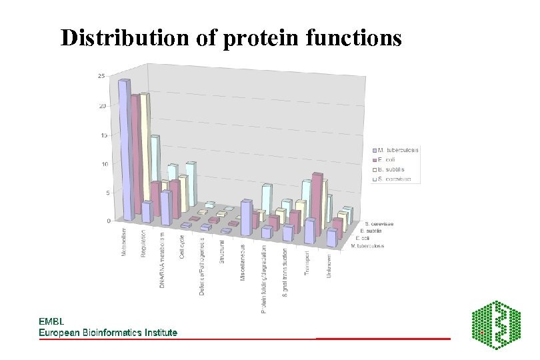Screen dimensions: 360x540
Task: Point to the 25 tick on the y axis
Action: pyautogui.click(x=101, y=76)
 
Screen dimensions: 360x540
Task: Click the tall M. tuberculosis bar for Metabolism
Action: pyautogui.click(x=125, y=150)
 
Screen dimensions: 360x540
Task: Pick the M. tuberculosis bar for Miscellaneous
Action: pyautogui.click(x=246, y=218)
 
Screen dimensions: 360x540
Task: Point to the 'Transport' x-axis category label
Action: pyautogui.click(x=307, y=261)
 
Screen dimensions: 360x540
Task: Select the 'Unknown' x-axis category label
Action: pyautogui.click(x=329, y=265)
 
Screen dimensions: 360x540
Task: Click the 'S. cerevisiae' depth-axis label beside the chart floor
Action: pyautogui.click(x=379, y=224)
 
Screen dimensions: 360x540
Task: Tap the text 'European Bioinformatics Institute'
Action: pyautogui.click(x=108, y=332)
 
